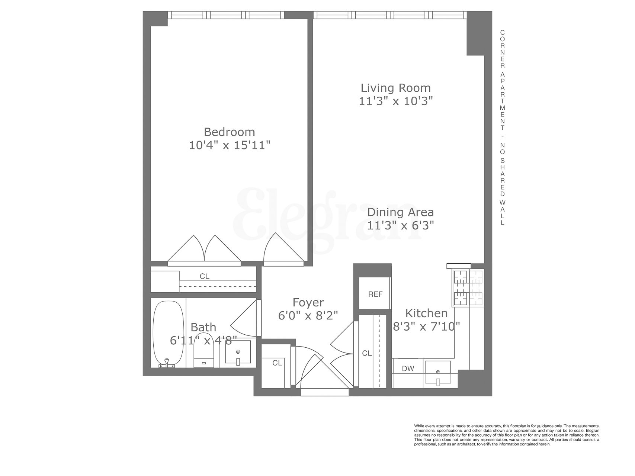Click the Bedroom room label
coord(229,132)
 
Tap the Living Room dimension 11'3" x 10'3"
coord(396,101)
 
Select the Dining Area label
coord(400,212)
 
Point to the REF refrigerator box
coord(375,294)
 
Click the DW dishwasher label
coord(408,369)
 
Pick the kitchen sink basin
coord(438,372)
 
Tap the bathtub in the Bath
coord(168,334)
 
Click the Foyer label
coord(308,302)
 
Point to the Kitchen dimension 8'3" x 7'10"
coord(427,326)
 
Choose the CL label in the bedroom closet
coord(205,276)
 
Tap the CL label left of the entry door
coord(277,363)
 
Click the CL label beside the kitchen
coord(367,353)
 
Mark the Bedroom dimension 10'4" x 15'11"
coord(229,145)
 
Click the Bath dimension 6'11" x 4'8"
coord(203,340)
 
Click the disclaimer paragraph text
coord(507,435)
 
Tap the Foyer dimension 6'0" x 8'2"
coord(308,315)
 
